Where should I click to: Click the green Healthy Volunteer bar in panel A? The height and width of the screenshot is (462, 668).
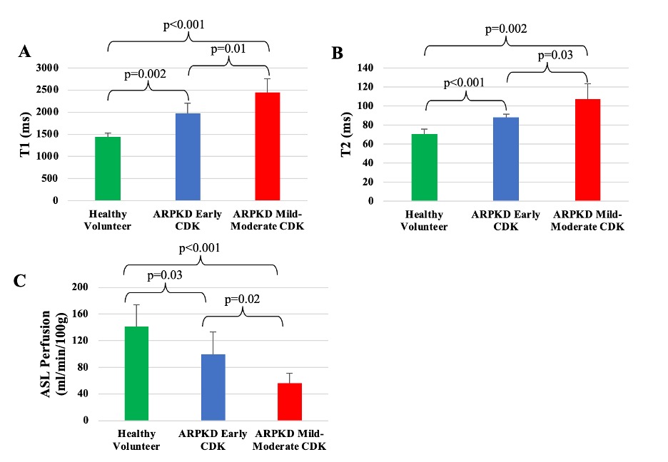(x=108, y=168)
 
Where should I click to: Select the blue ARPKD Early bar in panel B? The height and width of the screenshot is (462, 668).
(x=506, y=159)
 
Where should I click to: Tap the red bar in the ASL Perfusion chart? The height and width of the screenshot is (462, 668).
(x=290, y=402)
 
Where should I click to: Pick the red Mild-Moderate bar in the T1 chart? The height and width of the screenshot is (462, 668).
(x=268, y=146)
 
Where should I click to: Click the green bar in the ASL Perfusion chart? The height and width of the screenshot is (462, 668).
(x=136, y=374)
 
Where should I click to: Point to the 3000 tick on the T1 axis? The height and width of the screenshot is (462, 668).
(x=47, y=68)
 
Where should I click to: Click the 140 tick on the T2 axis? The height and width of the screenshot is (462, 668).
(x=365, y=68)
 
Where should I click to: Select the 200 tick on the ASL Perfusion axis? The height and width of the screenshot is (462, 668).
(x=80, y=287)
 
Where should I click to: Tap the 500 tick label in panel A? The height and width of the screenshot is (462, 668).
(x=50, y=178)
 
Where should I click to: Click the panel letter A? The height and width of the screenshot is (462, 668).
(x=25, y=51)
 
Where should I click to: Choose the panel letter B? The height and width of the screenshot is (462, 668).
(x=337, y=53)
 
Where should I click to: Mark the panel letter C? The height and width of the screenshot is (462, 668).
(x=19, y=281)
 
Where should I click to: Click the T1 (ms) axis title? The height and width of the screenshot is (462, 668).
(x=26, y=135)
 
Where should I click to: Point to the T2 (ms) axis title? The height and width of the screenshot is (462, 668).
(x=346, y=135)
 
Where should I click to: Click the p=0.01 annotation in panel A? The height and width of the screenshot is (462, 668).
(x=228, y=49)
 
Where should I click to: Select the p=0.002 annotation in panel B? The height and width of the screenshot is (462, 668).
(x=506, y=29)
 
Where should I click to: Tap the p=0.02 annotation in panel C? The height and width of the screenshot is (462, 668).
(x=242, y=299)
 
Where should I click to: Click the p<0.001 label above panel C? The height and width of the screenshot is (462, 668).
(x=199, y=248)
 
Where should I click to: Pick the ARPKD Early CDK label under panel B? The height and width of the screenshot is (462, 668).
(x=506, y=220)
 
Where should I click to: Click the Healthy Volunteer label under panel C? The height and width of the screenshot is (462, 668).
(x=136, y=440)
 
